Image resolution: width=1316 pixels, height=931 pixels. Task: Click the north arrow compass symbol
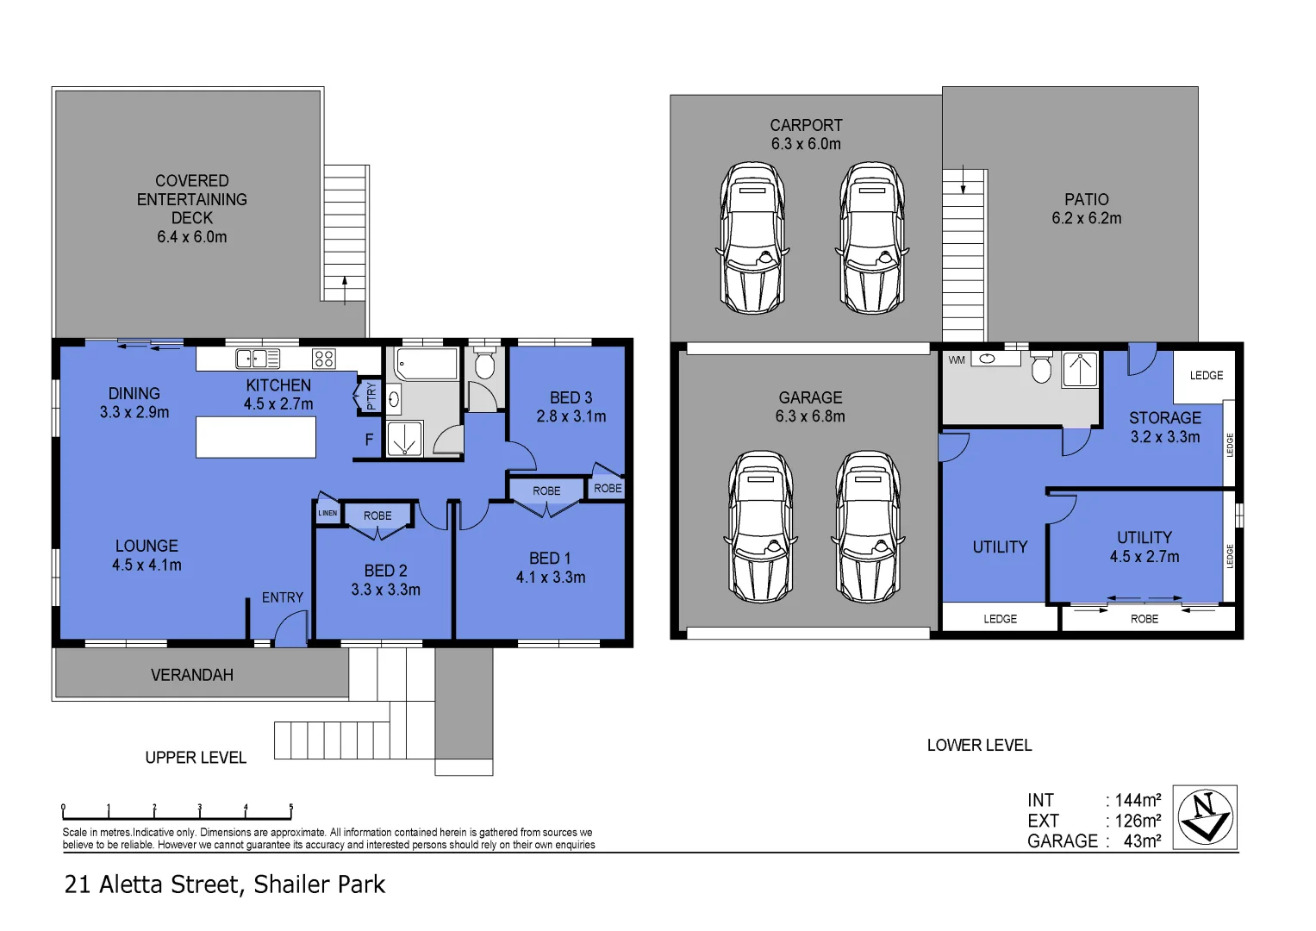coord(1205,816)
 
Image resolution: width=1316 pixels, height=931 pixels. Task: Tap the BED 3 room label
coord(571,397)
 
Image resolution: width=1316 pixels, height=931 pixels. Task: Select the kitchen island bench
coord(256,437)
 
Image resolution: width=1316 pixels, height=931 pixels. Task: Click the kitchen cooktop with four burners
coord(324,359)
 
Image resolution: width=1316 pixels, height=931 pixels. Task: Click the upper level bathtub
coord(426,365)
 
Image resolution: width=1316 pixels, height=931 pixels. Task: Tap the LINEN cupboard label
coord(327,513)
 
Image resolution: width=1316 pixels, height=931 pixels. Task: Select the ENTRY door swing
coord(291,628)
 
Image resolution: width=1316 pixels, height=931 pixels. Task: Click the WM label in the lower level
coord(957,360)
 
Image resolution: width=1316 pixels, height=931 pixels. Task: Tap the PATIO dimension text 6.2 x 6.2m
coord(1086,219)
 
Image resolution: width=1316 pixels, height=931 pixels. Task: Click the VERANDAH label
coord(191,675)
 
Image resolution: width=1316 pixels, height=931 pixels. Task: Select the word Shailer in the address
coord(291,884)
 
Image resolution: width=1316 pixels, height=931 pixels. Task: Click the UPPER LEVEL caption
coord(196,758)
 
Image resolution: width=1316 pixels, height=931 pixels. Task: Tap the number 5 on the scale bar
coord(291,808)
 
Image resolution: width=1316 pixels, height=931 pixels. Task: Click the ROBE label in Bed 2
coord(377,515)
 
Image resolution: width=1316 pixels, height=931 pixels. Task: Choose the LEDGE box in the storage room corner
coord(1206,376)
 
